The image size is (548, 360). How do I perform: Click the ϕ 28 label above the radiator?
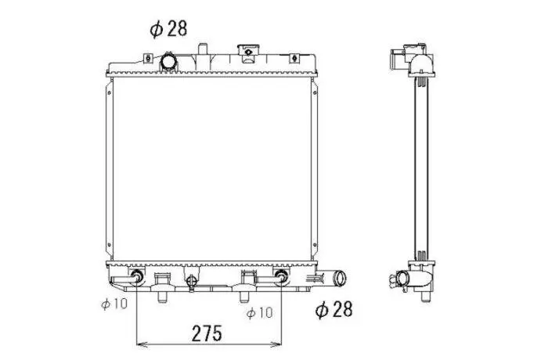point(168,28)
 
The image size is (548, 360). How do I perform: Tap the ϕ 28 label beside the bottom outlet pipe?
point(333,309)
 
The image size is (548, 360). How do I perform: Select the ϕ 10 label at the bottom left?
point(114,304)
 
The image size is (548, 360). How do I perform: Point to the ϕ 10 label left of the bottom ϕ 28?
point(259,312)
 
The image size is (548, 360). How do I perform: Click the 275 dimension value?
point(207,333)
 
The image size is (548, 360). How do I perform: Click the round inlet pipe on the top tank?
point(168,62)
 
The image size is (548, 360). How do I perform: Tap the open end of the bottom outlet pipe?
point(340,278)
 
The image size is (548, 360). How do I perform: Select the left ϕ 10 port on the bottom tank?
point(136,277)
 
